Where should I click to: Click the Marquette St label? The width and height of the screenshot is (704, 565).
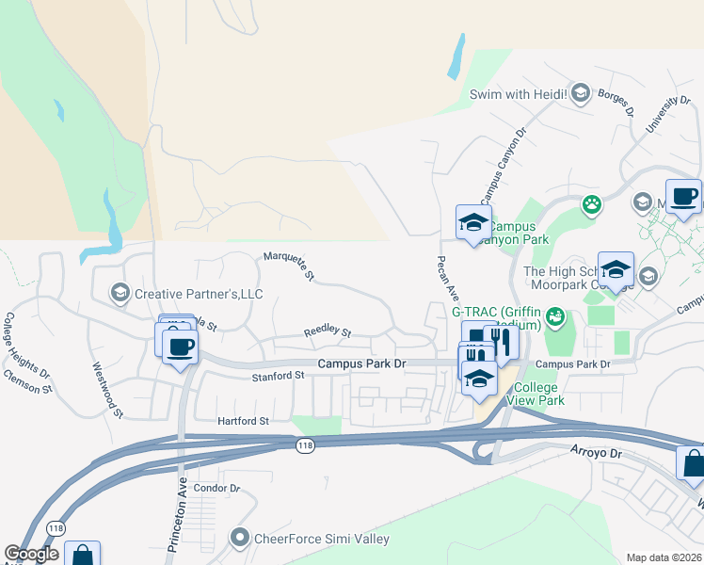(x=288, y=266)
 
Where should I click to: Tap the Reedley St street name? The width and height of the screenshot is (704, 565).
(x=327, y=332)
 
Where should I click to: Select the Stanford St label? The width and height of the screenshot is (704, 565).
(x=278, y=375)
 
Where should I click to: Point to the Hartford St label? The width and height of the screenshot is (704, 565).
(x=243, y=421)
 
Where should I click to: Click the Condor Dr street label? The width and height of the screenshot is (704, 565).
(x=216, y=489)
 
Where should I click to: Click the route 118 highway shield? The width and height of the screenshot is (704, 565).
(x=304, y=445)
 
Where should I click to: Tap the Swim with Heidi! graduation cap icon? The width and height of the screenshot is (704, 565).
(x=581, y=92)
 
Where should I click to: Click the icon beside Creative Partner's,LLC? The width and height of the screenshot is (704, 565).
(x=120, y=293)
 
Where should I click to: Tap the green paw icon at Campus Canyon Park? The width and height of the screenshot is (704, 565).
(x=591, y=204)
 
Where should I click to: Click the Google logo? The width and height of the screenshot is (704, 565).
(x=32, y=554)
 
